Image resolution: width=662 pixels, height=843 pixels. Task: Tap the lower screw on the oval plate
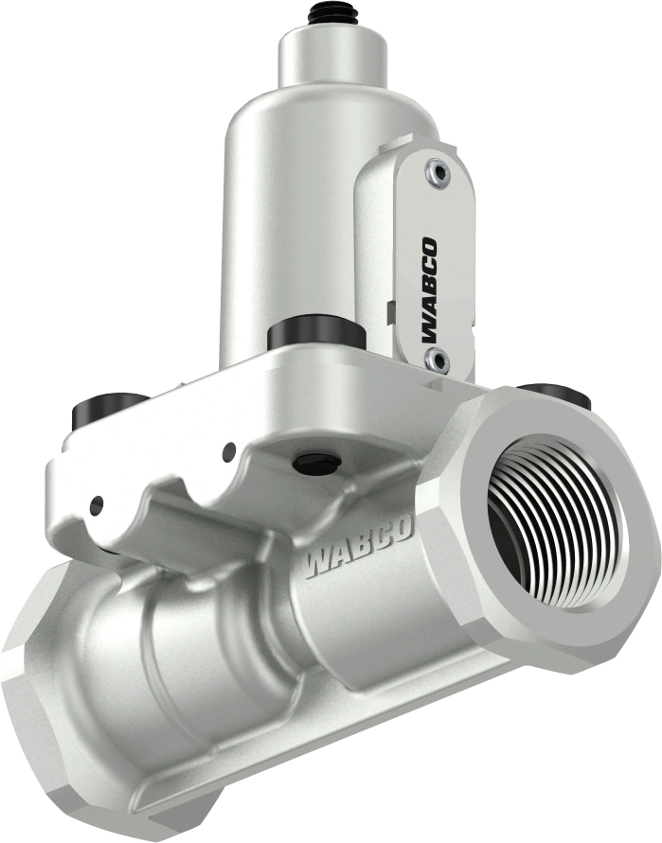(436, 358)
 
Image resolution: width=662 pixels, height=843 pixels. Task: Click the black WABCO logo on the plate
(430, 290)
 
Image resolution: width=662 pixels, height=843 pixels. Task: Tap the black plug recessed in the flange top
(317, 463)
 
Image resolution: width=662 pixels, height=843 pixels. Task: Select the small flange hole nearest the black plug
(228, 451)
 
